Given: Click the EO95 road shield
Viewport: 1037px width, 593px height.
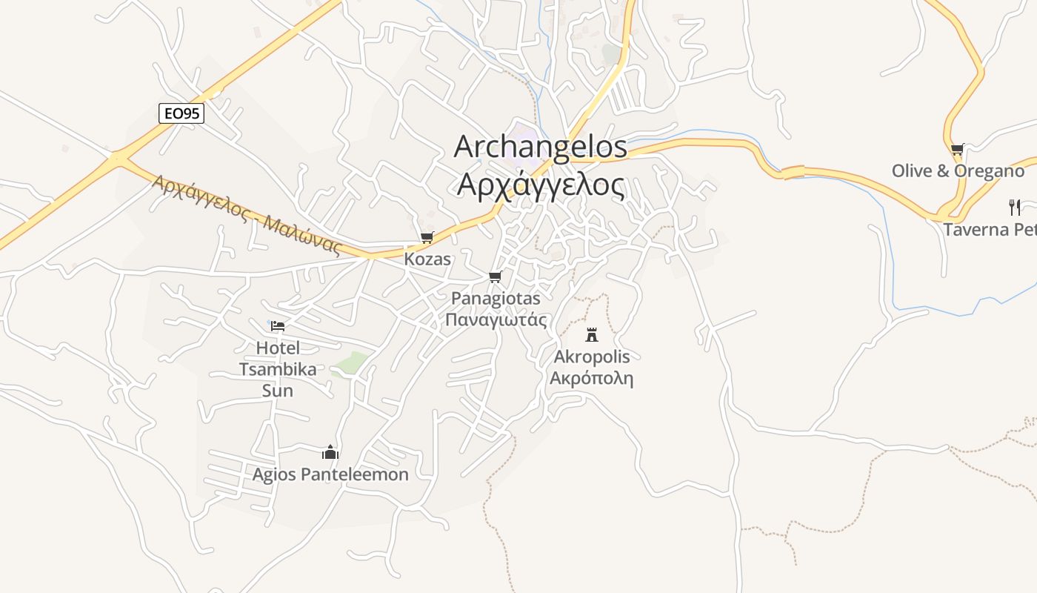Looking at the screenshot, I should coord(181,113).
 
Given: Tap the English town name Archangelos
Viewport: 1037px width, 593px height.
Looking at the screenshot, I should coord(540,147).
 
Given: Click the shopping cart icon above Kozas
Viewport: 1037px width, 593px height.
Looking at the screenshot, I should coord(427,238).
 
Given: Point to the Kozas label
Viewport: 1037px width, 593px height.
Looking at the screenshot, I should coord(427,259).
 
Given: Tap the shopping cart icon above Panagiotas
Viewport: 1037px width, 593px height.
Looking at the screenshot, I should coord(495,277).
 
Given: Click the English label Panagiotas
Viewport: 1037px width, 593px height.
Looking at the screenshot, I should coord(496,299).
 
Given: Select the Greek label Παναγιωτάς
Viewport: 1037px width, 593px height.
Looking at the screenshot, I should coord(496,319).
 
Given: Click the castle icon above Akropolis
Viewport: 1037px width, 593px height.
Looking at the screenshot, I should coord(591,335).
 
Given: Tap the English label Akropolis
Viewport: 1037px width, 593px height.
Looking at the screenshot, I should coord(592,357).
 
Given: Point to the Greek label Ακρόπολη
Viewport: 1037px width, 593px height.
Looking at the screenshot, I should coord(592,378).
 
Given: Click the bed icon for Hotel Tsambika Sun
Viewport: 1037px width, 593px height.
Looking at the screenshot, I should coord(278,325).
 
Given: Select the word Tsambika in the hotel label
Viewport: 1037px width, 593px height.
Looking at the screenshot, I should coord(278,369).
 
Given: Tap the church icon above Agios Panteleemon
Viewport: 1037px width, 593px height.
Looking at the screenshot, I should coord(330,452).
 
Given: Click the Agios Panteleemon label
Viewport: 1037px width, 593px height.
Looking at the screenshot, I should coord(330,474).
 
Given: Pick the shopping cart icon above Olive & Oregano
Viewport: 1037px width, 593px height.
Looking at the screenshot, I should coord(958,149).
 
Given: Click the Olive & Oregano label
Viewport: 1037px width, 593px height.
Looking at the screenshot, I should coord(958,170).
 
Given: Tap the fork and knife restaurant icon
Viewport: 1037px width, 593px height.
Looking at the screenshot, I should coord(1015,208).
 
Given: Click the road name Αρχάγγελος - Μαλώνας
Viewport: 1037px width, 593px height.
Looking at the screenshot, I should coord(247,215).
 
